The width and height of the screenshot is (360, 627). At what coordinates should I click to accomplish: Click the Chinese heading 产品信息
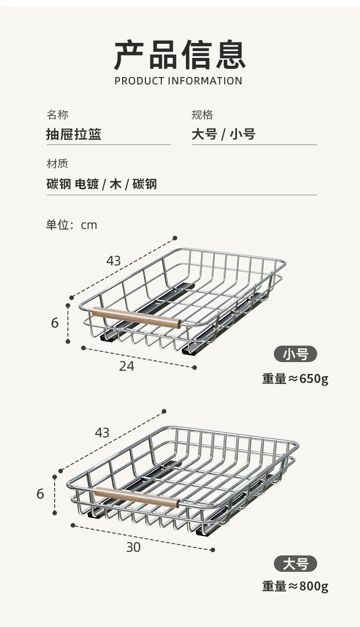click(x=180, y=55)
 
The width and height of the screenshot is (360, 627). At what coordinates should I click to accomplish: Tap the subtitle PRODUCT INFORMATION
click(x=179, y=81)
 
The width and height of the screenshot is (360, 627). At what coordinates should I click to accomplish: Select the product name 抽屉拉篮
click(x=74, y=135)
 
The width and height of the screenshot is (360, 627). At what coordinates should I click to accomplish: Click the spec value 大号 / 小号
click(x=223, y=135)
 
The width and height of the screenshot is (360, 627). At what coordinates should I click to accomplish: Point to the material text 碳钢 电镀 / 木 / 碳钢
click(x=102, y=184)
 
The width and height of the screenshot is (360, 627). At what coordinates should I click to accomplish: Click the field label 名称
click(x=57, y=114)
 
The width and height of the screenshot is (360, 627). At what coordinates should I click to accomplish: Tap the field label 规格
click(x=202, y=114)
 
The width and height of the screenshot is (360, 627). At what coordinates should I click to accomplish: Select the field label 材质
click(x=57, y=164)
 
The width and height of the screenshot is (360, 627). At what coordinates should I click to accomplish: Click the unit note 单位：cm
click(x=72, y=225)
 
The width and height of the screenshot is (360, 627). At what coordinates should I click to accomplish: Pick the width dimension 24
click(x=127, y=366)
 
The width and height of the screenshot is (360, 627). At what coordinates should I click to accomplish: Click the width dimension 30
click(x=134, y=547)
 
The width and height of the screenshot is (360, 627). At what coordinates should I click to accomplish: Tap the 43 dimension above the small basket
click(x=113, y=261)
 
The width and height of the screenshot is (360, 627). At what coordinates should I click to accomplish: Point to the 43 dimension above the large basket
click(x=102, y=433)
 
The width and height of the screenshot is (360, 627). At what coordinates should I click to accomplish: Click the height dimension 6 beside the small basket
click(x=55, y=323)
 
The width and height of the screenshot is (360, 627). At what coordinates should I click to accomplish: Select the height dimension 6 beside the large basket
click(x=40, y=494)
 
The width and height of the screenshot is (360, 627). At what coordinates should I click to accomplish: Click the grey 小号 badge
click(x=295, y=354)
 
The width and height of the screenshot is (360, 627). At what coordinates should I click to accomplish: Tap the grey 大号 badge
click(x=295, y=564)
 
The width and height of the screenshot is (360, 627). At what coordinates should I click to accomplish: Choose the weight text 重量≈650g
click(x=295, y=379)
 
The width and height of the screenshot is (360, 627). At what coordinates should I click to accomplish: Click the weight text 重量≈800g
click(x=295, y=586)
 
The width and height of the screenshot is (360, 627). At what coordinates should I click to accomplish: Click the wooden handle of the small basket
click(x=136, y=318)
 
